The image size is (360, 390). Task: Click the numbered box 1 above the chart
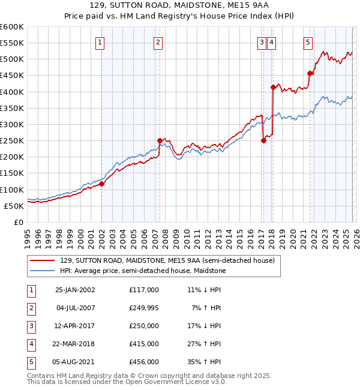(x=99, y=42)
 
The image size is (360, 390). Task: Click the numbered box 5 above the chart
(x=308, y=42)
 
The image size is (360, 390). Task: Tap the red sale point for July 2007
(x=160, y=140)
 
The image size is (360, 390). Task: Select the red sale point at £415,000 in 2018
(x=273, y=87)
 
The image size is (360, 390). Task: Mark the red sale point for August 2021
(x=310, y=74)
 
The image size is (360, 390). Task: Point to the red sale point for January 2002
(x=102, y=184)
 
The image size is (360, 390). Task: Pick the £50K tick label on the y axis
(x=14, y=206)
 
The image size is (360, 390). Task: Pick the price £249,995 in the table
(x=144, y=308)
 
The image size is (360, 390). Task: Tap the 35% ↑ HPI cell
(x=203, y=362)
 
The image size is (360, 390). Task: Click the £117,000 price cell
(x=144, y=290)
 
